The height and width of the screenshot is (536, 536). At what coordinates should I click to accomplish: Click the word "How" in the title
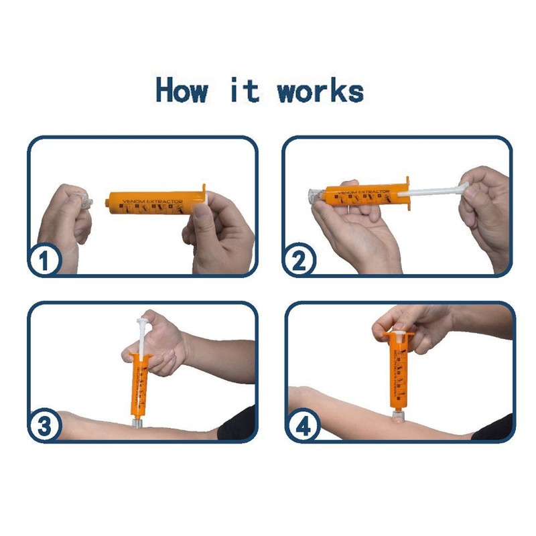[x=182, y=90]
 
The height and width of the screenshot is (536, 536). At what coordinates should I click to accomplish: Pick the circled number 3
[x=45, y=425]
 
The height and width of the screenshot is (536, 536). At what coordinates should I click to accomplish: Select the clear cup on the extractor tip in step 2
[x=315, y=195]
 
